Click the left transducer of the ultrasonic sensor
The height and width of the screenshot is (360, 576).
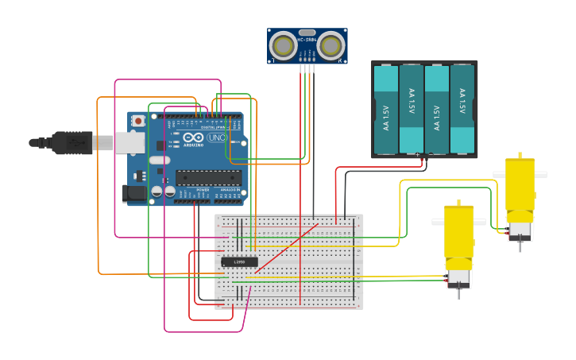click(x=283, y=45)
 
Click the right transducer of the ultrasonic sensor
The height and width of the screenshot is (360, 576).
click(x=331, y=45)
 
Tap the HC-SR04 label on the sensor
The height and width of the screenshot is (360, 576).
click(x=307, y=39)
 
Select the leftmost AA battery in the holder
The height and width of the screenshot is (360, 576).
click(x=385, y=109)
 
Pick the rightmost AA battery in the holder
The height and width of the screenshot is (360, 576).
click(x=462, y=109)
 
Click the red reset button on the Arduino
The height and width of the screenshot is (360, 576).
click(x=138, y=121)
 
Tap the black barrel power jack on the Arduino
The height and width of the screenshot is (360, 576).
click(x=134, y=192)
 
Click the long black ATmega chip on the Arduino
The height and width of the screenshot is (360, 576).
click(x=208, y=177)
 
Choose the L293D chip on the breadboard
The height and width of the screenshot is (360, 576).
click(x=239, y=261)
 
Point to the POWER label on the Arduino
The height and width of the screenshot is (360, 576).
click(x=203, y=191)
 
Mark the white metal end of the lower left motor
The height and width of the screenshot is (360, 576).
click(x=458, y=277)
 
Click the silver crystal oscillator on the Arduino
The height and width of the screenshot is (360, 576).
click(x=159, y=160)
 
